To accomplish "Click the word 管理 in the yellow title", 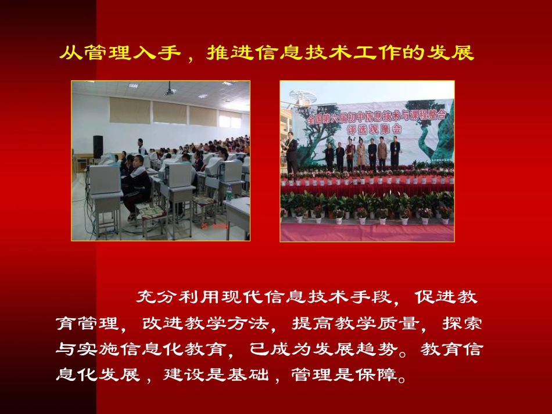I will [x=103, y=53].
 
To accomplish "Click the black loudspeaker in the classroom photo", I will [x=98, y=146].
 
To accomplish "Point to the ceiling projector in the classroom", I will [x=170, y=91].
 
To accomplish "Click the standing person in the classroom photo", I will [x=142, y=147].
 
